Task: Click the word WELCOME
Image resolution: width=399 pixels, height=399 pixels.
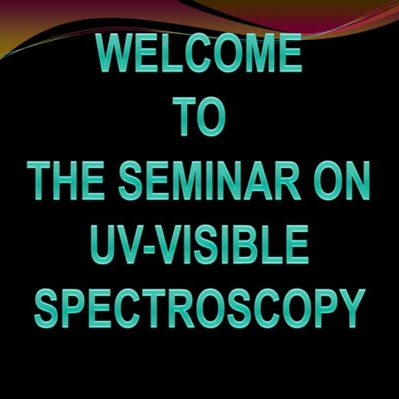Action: tap(199, 54)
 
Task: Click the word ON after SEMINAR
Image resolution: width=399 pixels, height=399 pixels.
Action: tap(342, 180)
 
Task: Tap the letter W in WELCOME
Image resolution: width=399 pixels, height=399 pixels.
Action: tap(116, 54)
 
